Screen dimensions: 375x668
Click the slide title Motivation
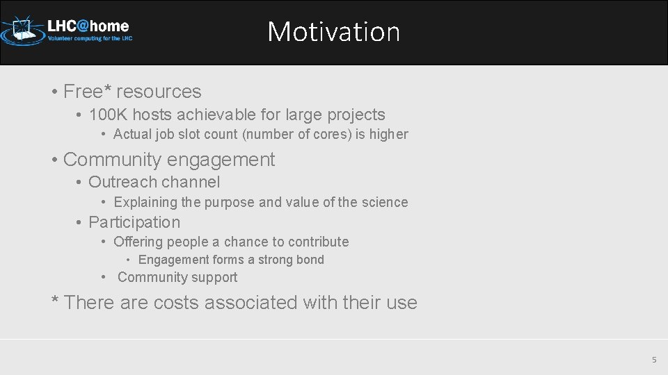pos(333,32)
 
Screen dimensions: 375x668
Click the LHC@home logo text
pos(88,26)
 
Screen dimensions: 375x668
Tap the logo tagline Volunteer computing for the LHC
pos(90,39)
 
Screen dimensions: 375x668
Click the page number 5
pos(653,360)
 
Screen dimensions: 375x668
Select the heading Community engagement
pos(169,160)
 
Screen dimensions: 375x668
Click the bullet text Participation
pos(134,222)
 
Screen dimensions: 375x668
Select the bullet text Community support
pos(177,277)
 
